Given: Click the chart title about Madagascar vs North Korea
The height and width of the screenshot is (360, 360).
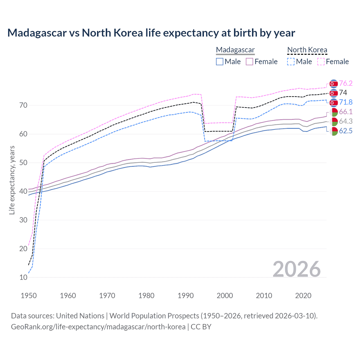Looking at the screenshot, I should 151,33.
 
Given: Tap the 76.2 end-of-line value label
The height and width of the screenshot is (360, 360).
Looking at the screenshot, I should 346,83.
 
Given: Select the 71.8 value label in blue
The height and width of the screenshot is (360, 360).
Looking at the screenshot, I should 346,102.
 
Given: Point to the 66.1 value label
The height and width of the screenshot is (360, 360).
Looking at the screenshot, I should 346,112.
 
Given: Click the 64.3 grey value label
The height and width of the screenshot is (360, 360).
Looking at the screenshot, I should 346,121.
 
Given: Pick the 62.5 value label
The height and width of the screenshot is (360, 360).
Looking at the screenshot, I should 346,131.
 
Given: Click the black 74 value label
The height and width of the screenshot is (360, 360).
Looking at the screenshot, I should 343,93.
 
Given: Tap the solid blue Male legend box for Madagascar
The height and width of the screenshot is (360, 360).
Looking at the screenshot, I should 220,62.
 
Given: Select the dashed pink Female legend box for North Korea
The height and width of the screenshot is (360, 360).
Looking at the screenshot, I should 321,62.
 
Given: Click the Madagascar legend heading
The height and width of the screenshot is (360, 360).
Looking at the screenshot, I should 235,50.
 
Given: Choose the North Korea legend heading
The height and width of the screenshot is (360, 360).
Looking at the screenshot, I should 307,50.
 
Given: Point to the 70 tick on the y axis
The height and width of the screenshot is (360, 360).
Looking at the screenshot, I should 23,105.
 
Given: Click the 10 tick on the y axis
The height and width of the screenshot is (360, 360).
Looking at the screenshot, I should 23,277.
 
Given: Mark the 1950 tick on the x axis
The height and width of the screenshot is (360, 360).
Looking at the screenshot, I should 29,296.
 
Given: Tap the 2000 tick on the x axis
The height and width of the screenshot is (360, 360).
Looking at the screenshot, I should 225,296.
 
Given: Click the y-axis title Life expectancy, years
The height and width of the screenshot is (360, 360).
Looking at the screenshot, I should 12,180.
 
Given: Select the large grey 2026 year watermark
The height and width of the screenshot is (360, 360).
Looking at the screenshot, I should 297,269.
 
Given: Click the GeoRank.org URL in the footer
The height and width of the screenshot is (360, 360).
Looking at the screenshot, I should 98,327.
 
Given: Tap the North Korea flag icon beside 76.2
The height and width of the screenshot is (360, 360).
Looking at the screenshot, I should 334,84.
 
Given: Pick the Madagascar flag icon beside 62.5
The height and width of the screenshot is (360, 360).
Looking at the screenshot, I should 334,131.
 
